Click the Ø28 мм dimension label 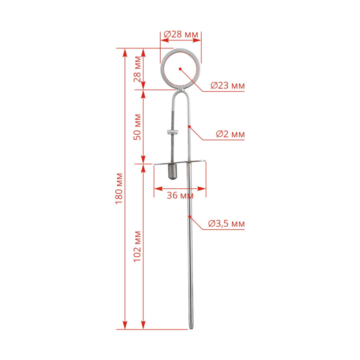point(181,34)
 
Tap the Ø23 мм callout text point(227,85)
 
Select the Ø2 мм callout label point(230,134)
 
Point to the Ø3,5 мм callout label point(226,223)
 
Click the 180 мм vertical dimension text point(119,188)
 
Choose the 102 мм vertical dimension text point(137,246)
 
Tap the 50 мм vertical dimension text point(137,127)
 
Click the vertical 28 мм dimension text point(137,69)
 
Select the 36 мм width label point(180,195)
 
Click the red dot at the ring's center point(180,69)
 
